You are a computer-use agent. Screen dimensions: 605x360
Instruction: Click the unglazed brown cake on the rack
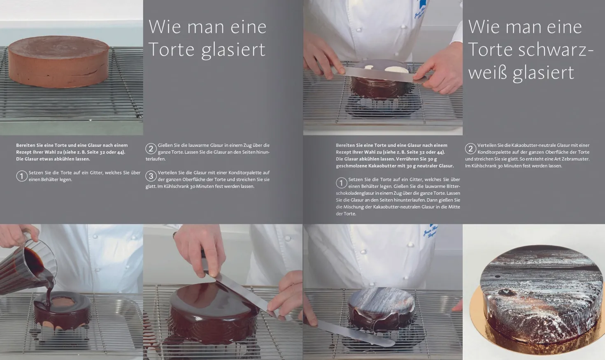pos(59,62)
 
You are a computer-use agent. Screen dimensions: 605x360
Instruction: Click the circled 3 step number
pos(151,176)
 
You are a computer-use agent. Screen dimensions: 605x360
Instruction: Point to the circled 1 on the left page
pos(22,176)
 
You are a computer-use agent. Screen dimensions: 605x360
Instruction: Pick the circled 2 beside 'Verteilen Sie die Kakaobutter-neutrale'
pos(470,149)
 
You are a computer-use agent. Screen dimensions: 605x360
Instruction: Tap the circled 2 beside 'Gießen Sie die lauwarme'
pos(151,149)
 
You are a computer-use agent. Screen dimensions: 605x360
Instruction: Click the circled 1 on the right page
pos(342,183)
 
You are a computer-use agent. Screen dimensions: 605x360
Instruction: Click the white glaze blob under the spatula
pos(398,70)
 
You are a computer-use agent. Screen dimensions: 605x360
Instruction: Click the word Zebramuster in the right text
pos(575,159)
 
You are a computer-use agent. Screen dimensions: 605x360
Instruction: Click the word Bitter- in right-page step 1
pos(453,186)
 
